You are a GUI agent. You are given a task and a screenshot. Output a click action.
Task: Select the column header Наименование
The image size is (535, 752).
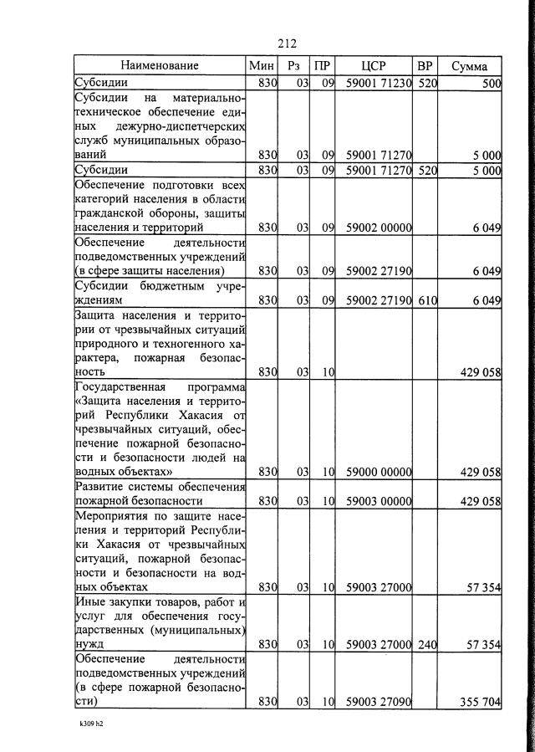[159, 66]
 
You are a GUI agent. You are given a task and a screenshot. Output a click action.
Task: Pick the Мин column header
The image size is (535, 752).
[261, 66]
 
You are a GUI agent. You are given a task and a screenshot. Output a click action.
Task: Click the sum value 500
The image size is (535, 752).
[491, 84]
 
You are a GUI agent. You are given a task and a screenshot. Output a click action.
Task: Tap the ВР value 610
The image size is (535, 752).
[426, 299]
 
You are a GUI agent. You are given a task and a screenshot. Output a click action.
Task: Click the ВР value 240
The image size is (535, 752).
[426, 644]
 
